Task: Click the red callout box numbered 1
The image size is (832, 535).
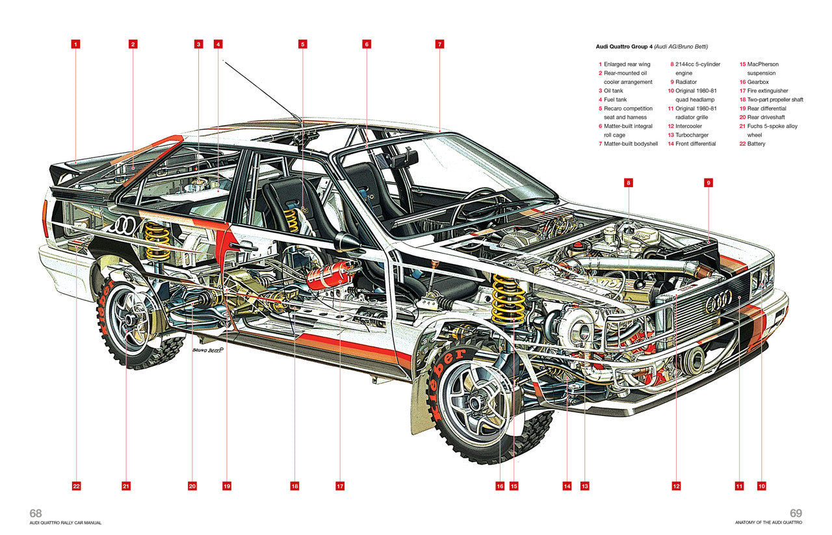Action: pos(76,44)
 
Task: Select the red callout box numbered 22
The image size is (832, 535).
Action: pos(76,486)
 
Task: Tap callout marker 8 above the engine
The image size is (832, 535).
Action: pos(629,183)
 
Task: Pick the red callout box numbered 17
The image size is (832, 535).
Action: pos(339,486)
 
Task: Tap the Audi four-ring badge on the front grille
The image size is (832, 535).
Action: pos(718,301)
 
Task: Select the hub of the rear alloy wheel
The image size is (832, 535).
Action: pos(132,319)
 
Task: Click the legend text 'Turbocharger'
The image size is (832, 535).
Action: pos(692,135)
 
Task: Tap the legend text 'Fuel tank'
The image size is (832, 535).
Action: pos(615,99)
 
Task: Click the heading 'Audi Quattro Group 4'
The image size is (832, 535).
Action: pos(623,47)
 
